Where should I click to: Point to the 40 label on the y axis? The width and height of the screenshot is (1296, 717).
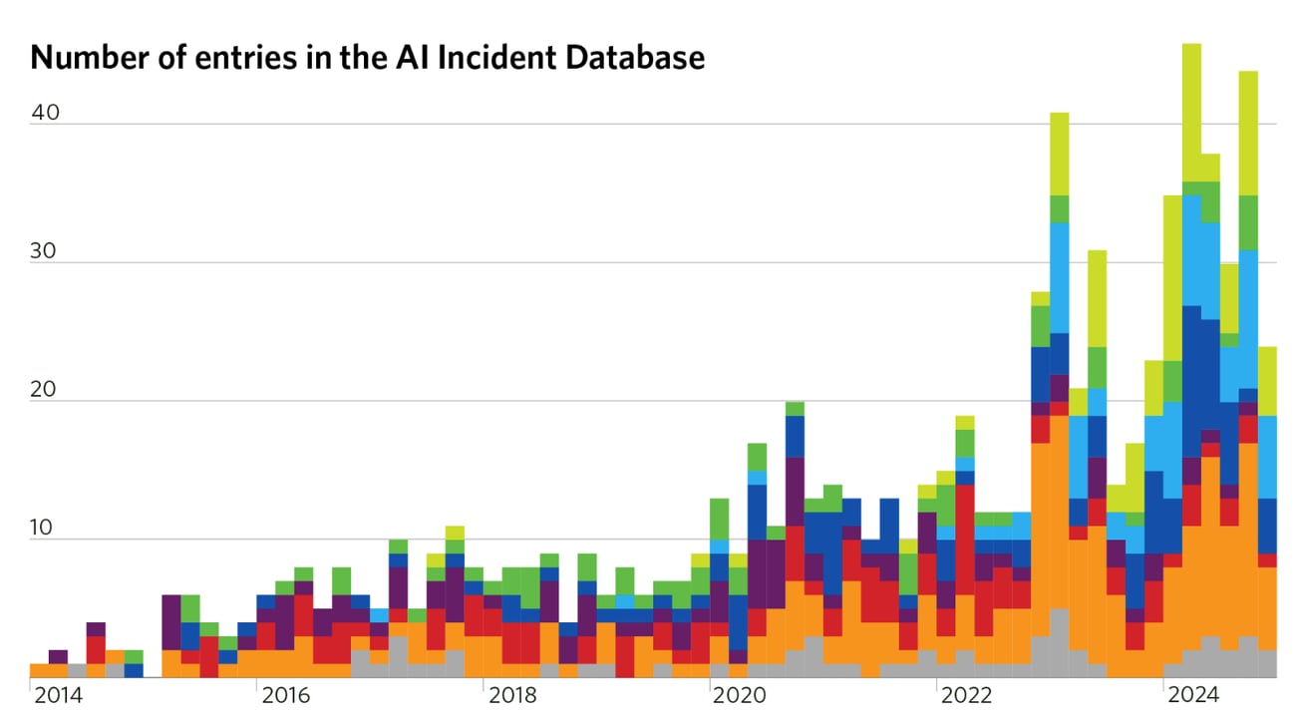point(46,113)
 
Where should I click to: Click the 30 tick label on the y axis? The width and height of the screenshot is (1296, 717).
point(46,251)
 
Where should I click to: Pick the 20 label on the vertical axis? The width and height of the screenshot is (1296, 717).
point(46,390)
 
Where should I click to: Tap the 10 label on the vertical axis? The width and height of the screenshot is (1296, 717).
point(46,529)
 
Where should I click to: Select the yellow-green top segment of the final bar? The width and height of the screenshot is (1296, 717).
point(1266,381)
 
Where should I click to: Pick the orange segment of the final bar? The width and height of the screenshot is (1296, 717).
point(1266,608)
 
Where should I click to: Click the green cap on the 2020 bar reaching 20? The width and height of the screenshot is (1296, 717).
point(795,408)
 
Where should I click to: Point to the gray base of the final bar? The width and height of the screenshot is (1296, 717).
point(1266,663)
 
